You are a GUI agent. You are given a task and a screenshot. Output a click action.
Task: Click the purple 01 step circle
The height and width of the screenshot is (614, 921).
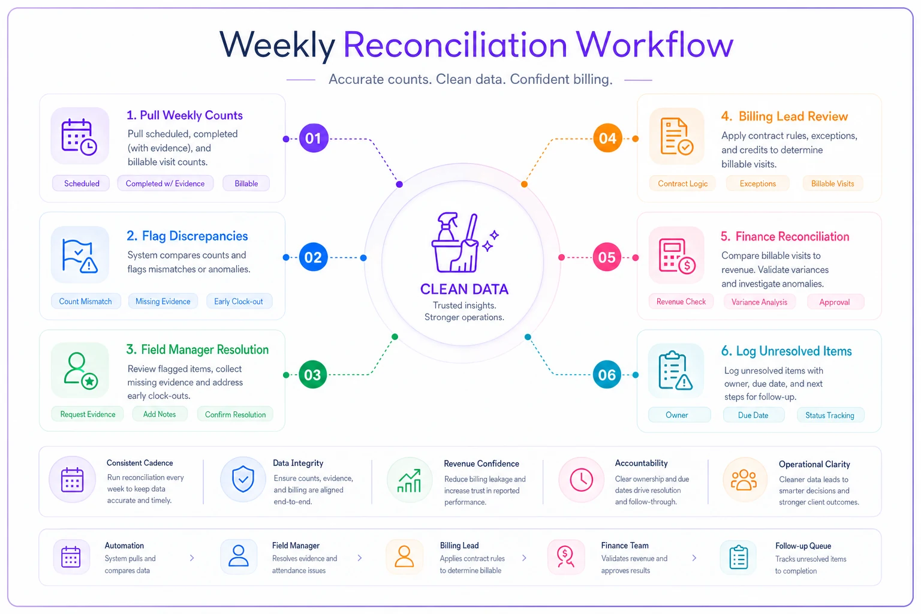[314, 138]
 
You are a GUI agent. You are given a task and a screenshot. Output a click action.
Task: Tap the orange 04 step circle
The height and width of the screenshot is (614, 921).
[607, 138]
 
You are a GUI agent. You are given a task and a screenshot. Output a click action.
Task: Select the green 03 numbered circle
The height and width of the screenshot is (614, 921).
[312, 375]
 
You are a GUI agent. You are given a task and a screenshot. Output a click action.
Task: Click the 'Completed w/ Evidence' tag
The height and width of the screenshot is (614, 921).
[165, 183]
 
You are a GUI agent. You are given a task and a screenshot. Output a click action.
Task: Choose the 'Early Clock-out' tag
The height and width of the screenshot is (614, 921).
[239, 302]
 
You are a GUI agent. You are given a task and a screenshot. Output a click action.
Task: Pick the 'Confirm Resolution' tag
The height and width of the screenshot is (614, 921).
[235, 414]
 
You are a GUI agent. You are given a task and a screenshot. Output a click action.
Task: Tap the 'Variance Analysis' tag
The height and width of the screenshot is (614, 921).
[760, 302]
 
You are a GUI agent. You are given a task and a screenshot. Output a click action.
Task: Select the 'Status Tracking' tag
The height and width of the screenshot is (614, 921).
[830, 416]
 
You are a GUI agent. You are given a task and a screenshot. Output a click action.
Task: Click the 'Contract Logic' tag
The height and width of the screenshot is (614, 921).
[682, 183]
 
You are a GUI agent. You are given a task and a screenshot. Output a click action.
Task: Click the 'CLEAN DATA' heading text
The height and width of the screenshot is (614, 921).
[464, 289]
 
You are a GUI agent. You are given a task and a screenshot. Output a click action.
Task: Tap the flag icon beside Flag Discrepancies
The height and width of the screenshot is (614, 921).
[80, 255]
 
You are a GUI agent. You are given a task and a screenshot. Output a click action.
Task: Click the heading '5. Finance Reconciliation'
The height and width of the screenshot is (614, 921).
[784, 236]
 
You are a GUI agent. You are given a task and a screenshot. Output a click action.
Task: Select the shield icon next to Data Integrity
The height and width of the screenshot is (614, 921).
[243, 479]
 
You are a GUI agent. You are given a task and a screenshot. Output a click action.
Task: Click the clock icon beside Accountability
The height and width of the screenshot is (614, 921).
[581, 480]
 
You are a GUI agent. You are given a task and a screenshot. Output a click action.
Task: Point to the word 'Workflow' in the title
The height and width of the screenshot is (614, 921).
[654, 44]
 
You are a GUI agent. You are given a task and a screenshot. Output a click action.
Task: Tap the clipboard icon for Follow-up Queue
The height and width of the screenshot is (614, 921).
[739, 557]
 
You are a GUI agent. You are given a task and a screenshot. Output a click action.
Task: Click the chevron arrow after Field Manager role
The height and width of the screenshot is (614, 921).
[360, 558]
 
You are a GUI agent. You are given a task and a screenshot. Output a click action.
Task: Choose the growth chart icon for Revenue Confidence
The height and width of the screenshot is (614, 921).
[409, 480]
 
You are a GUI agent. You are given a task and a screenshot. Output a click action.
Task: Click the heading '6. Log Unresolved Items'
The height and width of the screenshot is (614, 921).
[786, 351]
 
